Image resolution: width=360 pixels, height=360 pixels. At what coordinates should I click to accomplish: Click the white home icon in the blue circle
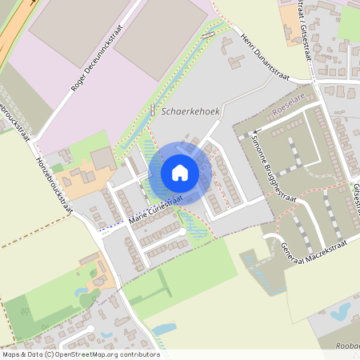tap(180, 173)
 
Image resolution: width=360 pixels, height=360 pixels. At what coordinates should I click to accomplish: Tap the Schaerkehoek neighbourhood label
tap(190, 113)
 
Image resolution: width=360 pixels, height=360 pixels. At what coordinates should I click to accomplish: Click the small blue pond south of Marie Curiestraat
tap(163, 329)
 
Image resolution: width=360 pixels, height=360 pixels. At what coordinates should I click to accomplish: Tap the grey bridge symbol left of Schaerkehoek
tap(152, 110)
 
